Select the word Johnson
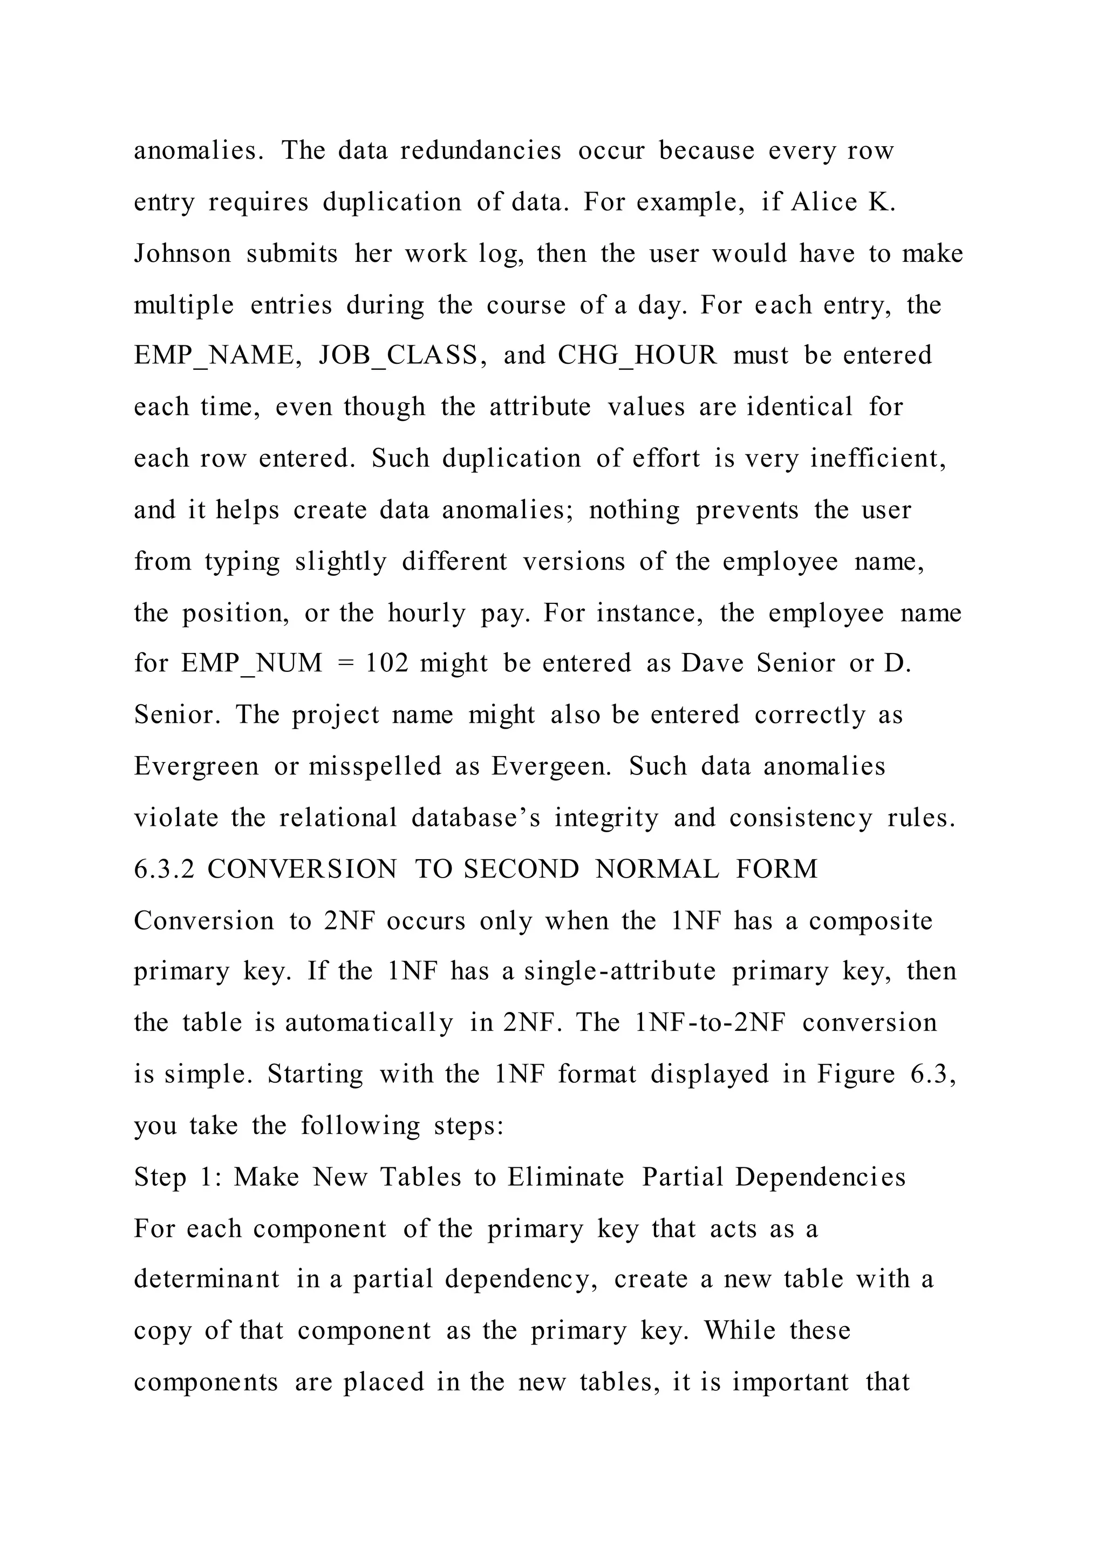[x=182, y=254]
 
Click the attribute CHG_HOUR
[x=637, y=355]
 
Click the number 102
[x=387, y=663]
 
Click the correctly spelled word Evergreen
[x=196, y=766]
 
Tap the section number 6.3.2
[x=163, y=869]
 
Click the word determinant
[x=206, y=1279]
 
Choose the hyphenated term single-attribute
[x=620, y=971]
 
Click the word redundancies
[x=480, y=151]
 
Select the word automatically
[x=369, y=1023]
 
